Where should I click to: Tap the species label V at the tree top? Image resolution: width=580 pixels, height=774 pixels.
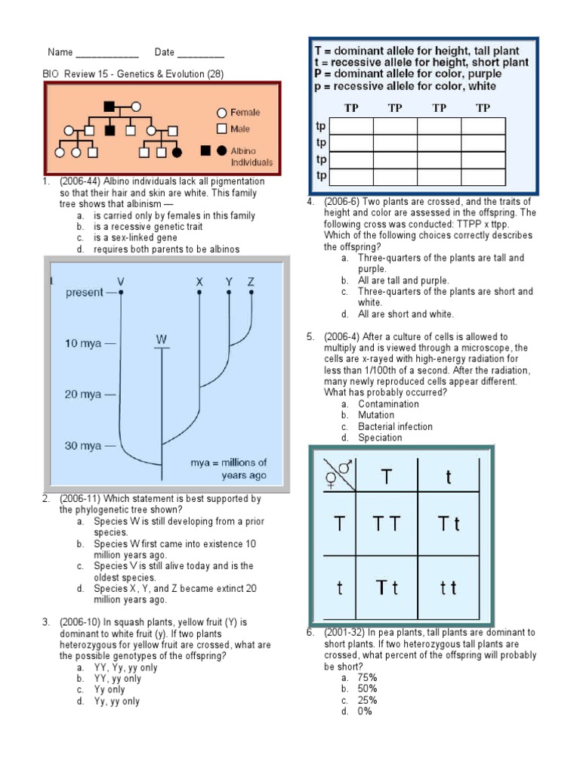[x=121, y=282]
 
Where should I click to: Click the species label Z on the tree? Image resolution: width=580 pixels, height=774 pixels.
[x=251, y=282]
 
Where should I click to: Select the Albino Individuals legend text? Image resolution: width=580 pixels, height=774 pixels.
[x=251, y=156]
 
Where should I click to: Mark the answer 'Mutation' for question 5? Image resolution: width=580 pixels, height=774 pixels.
[x=376, y=415]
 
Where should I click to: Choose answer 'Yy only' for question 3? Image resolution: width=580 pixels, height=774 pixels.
[x=110, y=690]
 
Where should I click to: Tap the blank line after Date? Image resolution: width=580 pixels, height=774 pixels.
[x=201, y=54]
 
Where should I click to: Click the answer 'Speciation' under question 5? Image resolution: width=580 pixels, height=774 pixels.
[x=380, y=438]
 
